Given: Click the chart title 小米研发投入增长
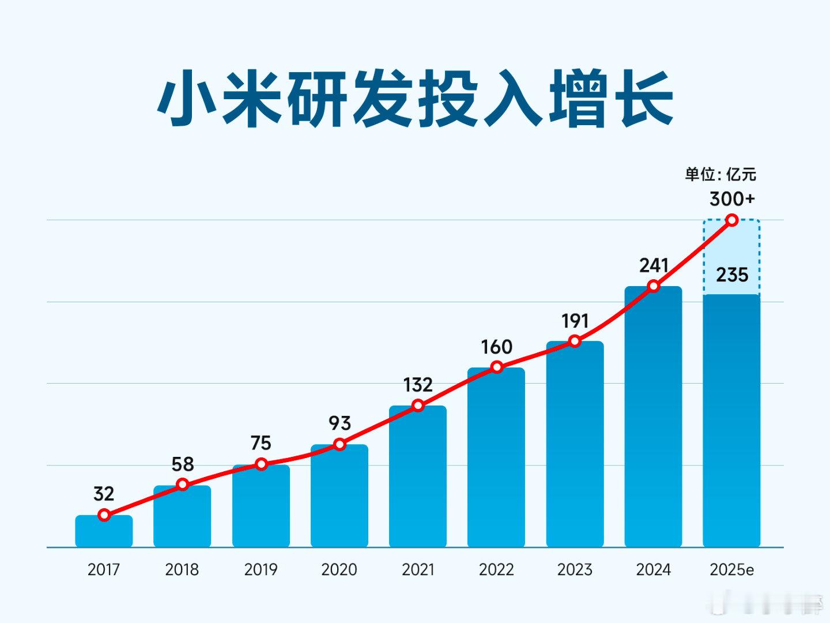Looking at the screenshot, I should (415, 98).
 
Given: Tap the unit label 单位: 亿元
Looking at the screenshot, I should (720, 174).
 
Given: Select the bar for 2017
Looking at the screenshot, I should (104, 532).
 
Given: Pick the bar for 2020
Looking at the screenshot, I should (339, 496).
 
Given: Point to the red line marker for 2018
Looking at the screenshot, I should (183, 485).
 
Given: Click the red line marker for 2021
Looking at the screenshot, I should (418, 406).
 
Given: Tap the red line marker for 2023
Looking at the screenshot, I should (575, 341).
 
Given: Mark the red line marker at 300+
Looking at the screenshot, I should (732, 220).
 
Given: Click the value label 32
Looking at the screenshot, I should (104, 494).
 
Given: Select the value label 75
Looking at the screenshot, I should (261, 443).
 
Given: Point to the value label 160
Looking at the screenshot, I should (496, 347).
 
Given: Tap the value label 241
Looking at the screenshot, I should (654, 265).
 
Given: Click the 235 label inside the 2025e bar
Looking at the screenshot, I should (732, 275).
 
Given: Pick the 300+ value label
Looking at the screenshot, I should (732, 199).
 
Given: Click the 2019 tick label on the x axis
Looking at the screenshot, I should (261, 570).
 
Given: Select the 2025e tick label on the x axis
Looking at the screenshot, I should (732, 570).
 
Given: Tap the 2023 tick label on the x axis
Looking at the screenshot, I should (575, 570).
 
